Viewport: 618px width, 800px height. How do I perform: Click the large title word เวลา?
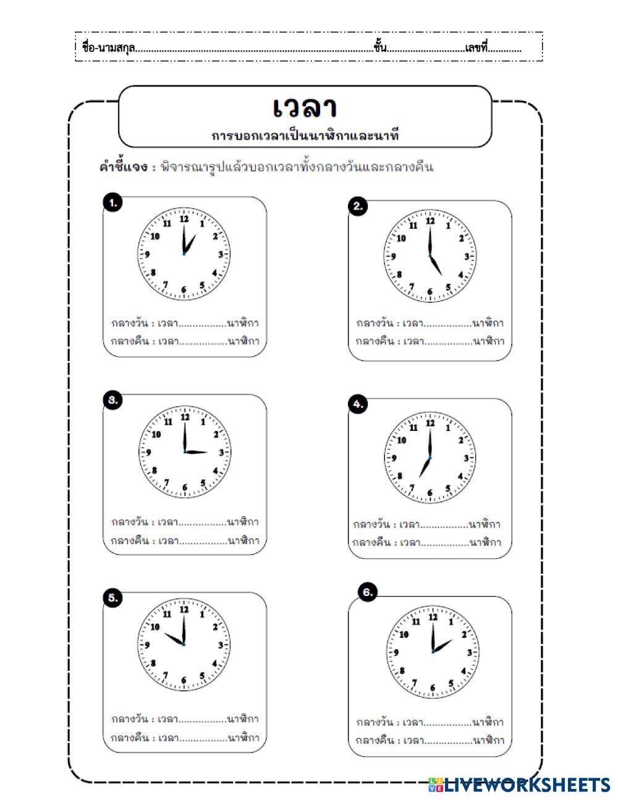tap(305, 107)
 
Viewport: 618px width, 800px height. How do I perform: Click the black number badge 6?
tap(368, 592)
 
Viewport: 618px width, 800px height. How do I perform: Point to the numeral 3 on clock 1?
tap(220, 254)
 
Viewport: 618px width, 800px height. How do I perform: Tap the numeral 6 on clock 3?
tap(184, 488)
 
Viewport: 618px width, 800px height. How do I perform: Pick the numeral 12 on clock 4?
tap(430, 423)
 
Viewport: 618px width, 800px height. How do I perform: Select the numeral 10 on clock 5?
tap(155, 627)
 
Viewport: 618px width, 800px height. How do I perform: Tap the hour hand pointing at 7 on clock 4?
tap(424, 468)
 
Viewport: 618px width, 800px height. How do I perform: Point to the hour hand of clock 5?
tap(173, 639)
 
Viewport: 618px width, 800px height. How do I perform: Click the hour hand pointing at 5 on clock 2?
tap(436, 266)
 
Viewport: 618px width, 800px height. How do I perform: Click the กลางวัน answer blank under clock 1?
tap(202, 323)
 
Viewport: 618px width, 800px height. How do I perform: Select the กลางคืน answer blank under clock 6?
tap(447, 741)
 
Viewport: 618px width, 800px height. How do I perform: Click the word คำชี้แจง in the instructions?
tap(123, 167)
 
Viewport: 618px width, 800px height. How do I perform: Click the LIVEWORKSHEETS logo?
tap(519, 785)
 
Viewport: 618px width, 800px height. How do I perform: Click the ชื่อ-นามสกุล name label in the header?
tap(108, 47)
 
